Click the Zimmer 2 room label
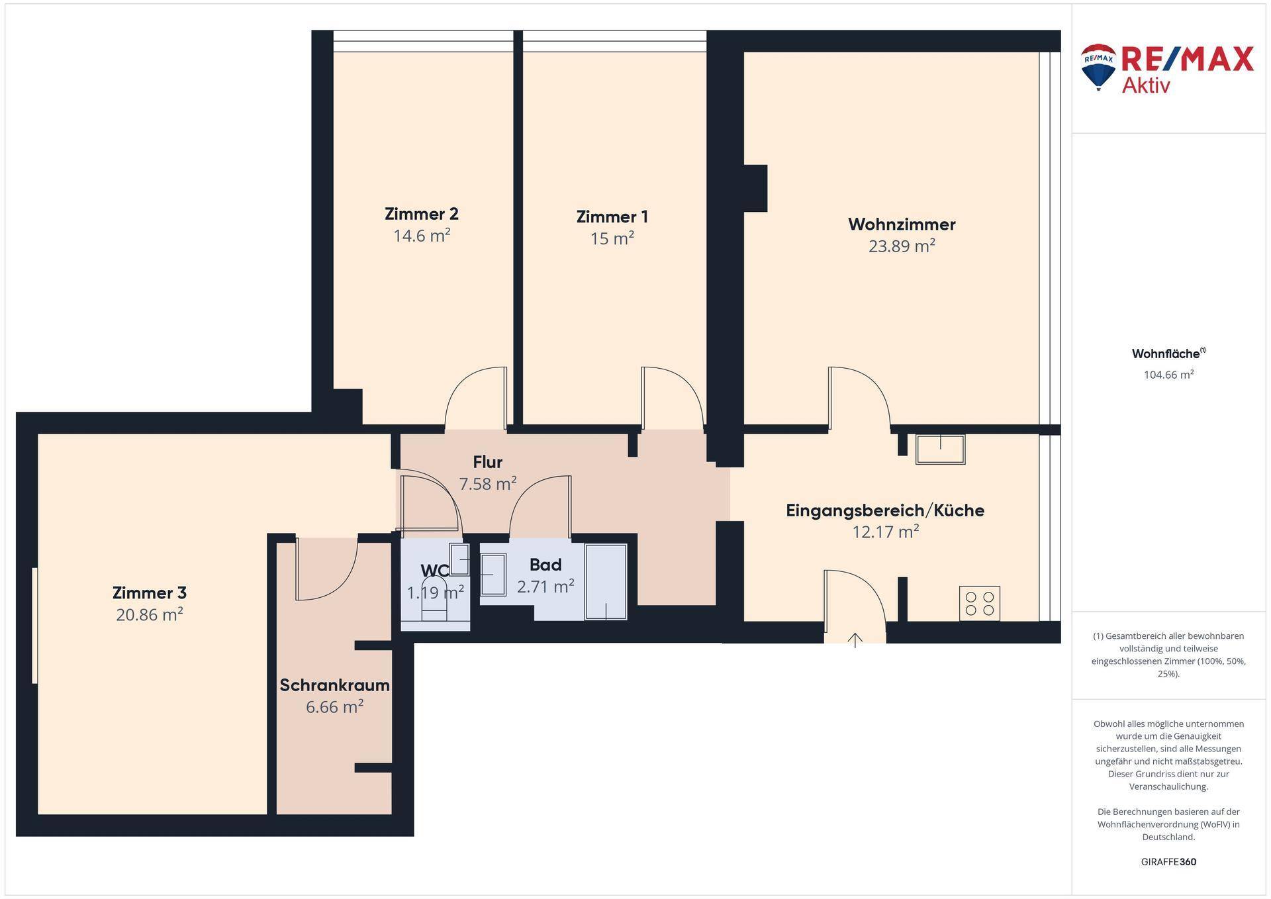pyautogui.click(x=422, y=214)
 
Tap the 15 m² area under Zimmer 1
pyautogui.click(x=612, y=238)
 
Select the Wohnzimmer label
pyautogui.click(x=902, y=224)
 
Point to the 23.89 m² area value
pyautogui.click(x=902, y=246)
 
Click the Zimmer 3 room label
pyautogui.click(x=150, y=592)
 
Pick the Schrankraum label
pyautogui.click(x=334, y=685)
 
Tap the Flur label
pyautogui.click(x=488, y=462)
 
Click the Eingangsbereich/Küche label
pyautogui.click(x=885, y=510)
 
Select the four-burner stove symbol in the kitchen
pyautogui.click(x=980, y=603)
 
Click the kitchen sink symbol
pyautogui.click(x=940, y=449)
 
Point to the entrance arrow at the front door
pyautogui.click(x=855, y=640)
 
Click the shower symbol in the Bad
pyautogui.click(x=606, y=582)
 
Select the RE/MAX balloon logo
pyautogui.click(x=1098, y=67)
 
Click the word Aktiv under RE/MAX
pyautogui.click(x=1146, y=85)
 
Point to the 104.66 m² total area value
pyautogui.click(x=1169, y=375)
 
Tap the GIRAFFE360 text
pyautogui.click(x=1169, y=862)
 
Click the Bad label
pyautogui.click(x=545, y=565)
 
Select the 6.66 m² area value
pyautogui.click(x=334, y=707)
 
